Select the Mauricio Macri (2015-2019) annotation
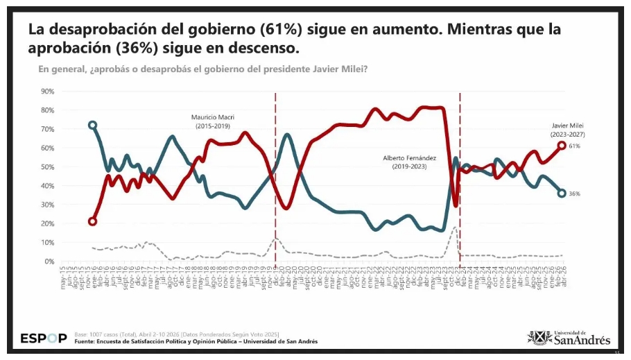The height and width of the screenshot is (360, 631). pos(211,121)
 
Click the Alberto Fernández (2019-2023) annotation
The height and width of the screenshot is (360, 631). pos(410,162)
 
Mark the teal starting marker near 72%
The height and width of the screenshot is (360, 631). pos(92,126)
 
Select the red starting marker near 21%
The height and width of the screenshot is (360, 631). pos(92,222)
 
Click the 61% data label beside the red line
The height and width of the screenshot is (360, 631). pos(575,146)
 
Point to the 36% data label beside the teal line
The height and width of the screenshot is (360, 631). pos(575,194)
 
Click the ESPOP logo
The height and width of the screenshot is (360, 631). pos(44,338)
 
